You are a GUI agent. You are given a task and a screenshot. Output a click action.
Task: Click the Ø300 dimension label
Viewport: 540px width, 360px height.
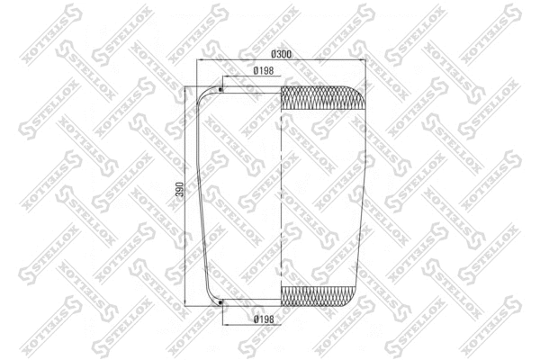282,56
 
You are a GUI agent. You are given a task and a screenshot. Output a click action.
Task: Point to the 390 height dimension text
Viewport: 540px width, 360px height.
180,190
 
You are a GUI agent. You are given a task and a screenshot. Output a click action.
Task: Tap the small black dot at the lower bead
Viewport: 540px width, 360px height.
220,302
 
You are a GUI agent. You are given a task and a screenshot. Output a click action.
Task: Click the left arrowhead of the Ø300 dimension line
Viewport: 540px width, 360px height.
200,61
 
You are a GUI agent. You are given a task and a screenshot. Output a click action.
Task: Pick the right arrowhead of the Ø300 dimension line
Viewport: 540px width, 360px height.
364,61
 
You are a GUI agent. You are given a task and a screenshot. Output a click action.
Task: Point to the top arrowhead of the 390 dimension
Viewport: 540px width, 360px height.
186,88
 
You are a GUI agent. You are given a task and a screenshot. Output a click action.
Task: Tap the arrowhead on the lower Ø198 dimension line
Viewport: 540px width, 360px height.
222,314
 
